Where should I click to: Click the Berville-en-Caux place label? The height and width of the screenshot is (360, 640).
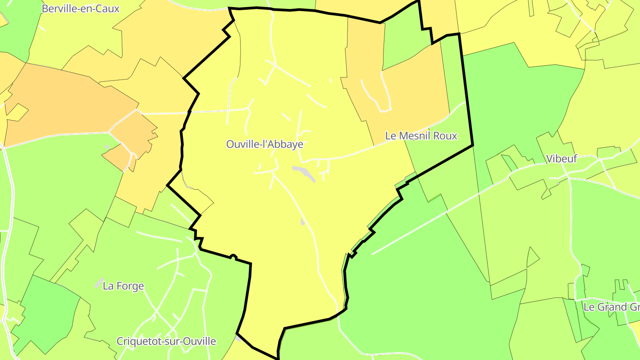pyautogui.click(x=80, y=8)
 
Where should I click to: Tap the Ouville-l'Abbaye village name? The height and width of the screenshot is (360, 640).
pyautogui.click(x=265, y=144)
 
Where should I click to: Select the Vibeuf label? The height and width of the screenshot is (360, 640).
pyautogui.click(x=561, y=159)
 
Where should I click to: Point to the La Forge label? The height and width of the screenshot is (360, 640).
pyautogui.click(x=123, y=286)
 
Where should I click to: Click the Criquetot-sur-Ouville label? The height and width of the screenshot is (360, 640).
pyautogui.click(x=166, y=341)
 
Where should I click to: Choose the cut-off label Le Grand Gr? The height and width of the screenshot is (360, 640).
pyautogui.click(x=611, y=307)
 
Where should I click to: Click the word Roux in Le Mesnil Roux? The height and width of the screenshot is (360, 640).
pyautogui.click(x=445, y=136)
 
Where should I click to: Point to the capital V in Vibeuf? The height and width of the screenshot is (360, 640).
pyautogui.click(x=550, y=159)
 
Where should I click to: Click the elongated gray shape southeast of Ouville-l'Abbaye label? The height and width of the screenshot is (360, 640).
pyautogui.click(x=304, y=173)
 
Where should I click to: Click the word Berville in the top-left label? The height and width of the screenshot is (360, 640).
pyautogui.click(x=62, y=8)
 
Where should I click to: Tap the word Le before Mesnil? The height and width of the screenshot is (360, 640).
pyautogui.click(x=390, y=136)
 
